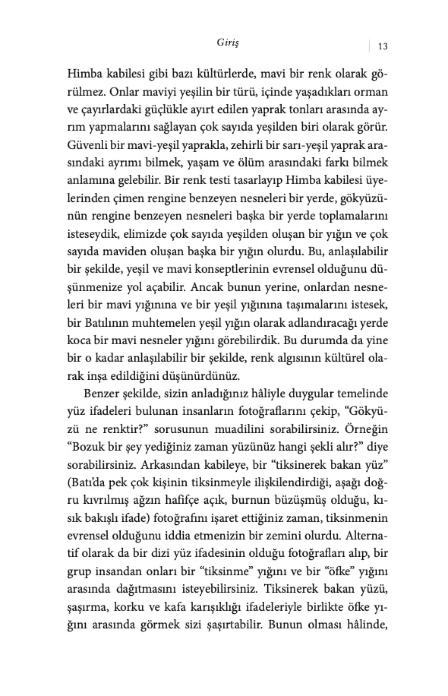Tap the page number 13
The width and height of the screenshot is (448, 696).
tap(382, 46)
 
